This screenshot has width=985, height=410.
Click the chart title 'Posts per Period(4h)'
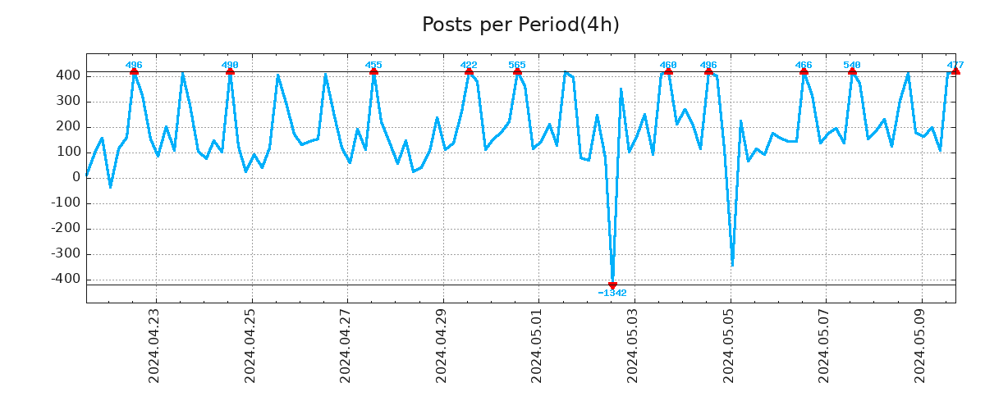pyautogui.click(x=520, y=25)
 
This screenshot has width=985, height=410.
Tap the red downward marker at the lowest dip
pyautogui.click(x=612, y=285)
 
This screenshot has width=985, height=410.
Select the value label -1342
pyautogui.click(x=612, y=294)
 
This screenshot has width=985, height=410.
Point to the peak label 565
pyautogui.click(x=517, y=65)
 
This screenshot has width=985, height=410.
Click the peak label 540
pyautogui.click(x=852, y=65)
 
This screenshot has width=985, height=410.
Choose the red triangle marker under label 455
pyautogui.click(x=373, y=72)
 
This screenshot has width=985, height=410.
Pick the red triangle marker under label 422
pyautogui.click(x=469, y=72)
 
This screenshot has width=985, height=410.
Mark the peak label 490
pyautogui.click(x=230, y=65)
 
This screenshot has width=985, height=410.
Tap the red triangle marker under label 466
pyautogui.click(x=804, y=72)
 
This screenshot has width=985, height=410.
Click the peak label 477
pyautogui.click(x=955, y=65)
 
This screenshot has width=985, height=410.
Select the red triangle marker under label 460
pyautogui.click(x=668, y=72)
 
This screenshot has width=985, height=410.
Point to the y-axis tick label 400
pyautogui.click(x=69, y=75)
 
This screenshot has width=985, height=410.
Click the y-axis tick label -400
pyautogui.click(x=66, y=280)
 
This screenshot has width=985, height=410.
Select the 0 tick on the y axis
pyautogui.click(x=76, y=177)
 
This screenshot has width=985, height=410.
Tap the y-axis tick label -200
pyautogui.click(x=66, y=229)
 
